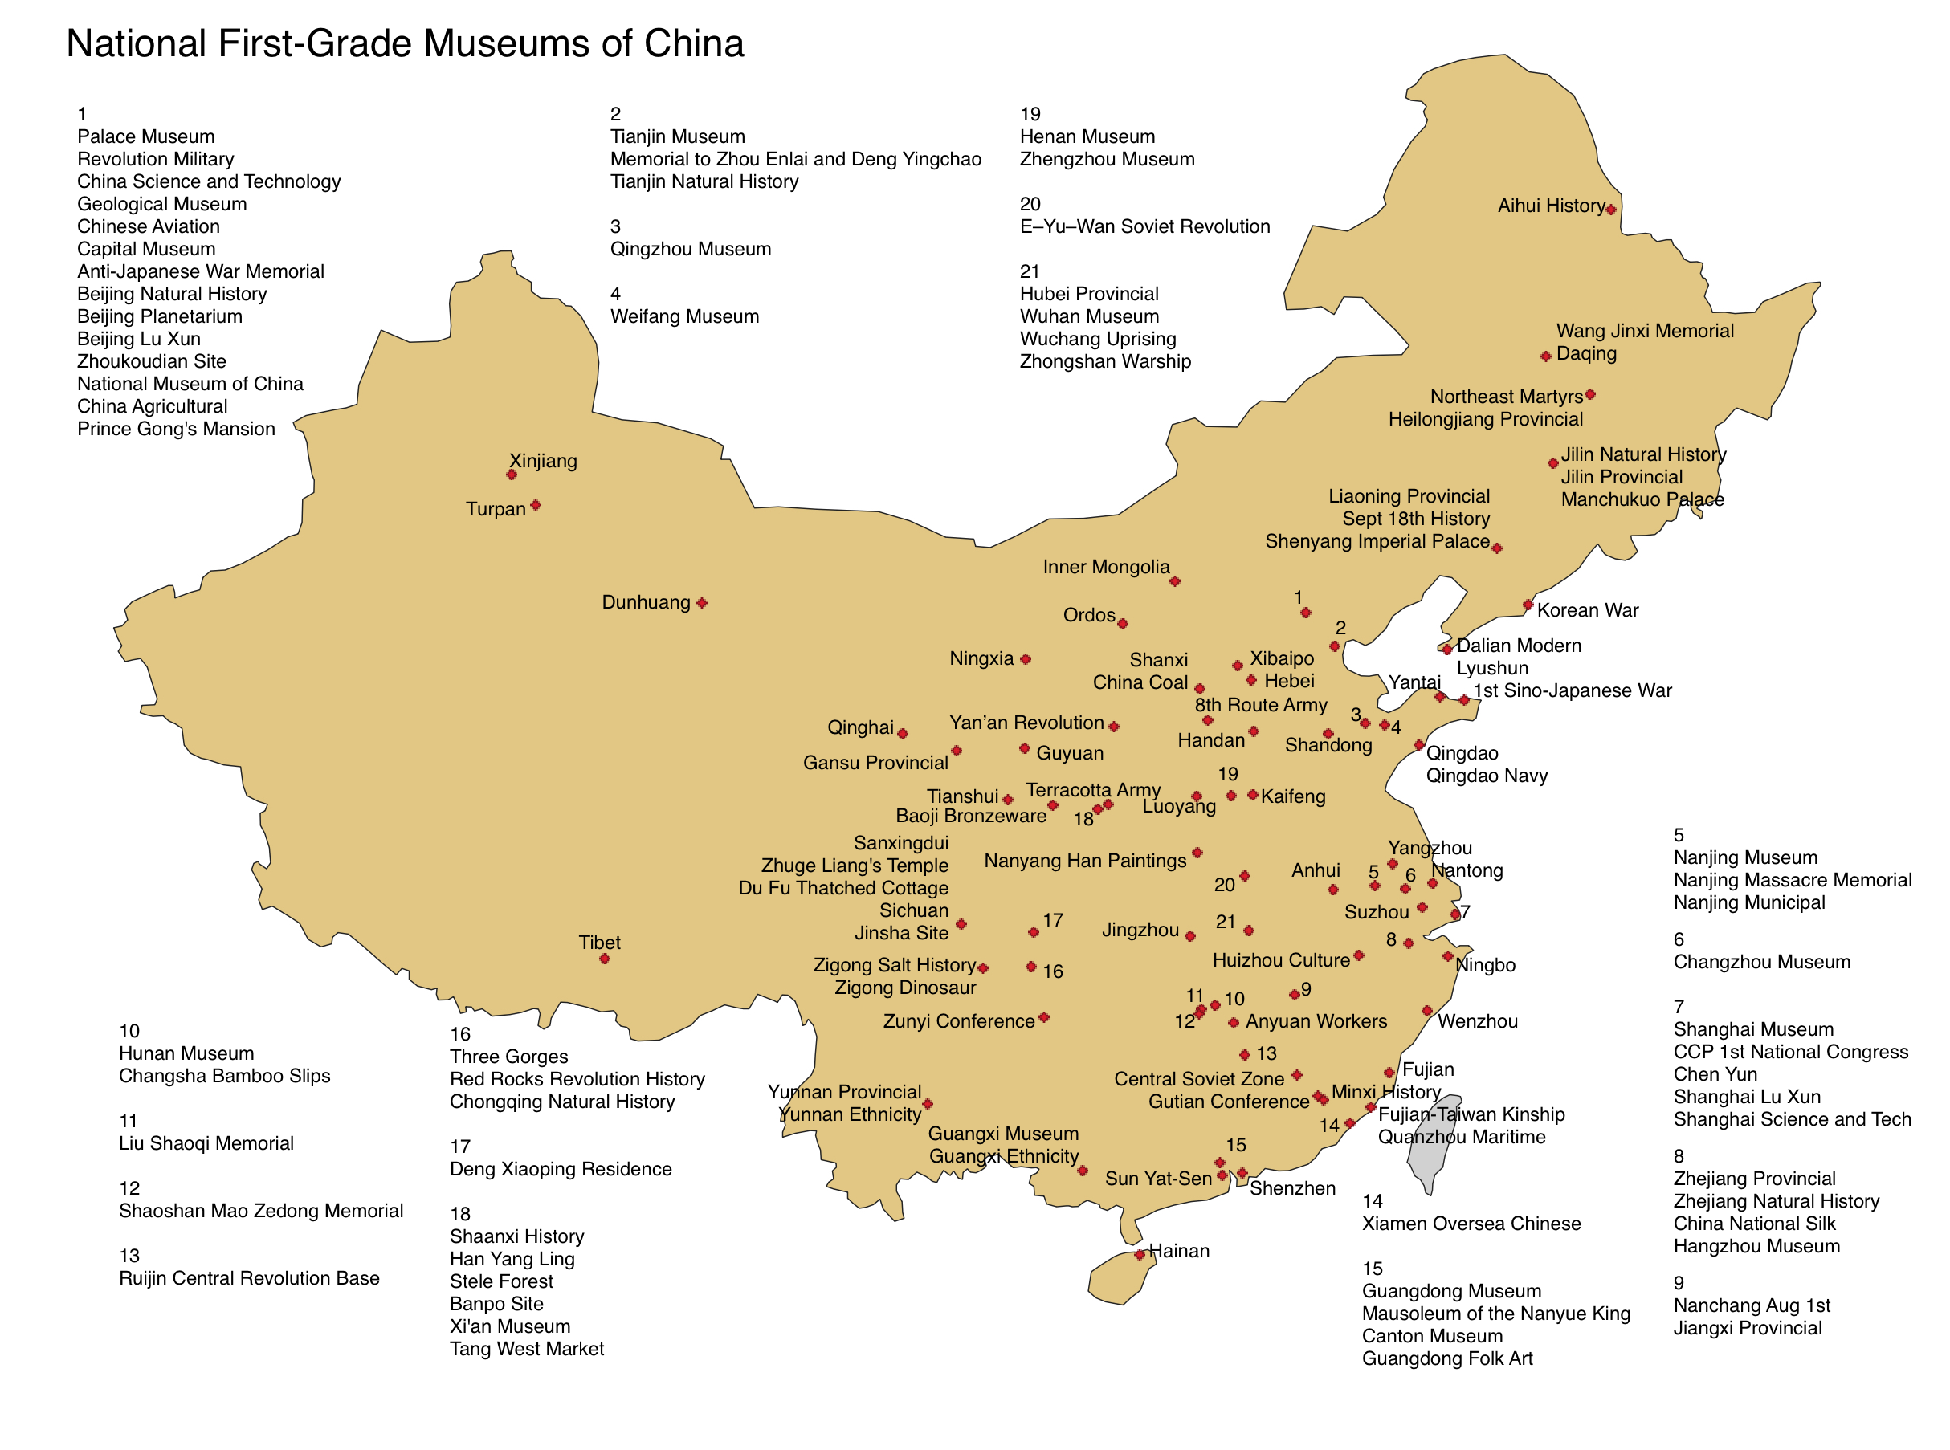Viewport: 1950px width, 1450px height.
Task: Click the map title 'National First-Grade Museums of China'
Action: pos(405,44)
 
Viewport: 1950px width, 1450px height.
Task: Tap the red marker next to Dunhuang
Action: pos(701,603)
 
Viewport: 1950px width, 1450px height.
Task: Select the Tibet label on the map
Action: pos(600,943)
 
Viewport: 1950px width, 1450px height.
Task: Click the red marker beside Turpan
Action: pos(536,506)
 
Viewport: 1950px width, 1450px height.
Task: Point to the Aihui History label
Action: pos(1552,206)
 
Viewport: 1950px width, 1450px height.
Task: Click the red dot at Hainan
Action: pos(1140,1255)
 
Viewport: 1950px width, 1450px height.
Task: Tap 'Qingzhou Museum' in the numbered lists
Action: pos(690,249)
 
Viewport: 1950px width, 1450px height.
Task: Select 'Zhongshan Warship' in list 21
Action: pos(1104,361)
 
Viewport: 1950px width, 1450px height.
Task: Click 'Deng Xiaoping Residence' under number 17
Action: pos(560,1169)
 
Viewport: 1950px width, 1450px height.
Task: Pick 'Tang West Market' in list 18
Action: pos(527,1349)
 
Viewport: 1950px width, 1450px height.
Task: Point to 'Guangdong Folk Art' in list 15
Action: pos(1447,1358)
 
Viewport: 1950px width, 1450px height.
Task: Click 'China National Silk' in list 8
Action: pos(1754,1224)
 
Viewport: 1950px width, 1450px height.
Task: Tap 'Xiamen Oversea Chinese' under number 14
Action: pos(1471,1224)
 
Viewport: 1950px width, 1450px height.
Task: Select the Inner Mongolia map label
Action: pos(1105,567)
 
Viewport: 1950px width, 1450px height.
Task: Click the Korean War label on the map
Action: pos(1588,611)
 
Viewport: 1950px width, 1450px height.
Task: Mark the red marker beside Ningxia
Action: pos(1026,659)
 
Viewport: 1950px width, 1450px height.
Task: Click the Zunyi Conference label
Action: pos(959,1022)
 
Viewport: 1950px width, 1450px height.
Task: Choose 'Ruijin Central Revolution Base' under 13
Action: pos(249,1279)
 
